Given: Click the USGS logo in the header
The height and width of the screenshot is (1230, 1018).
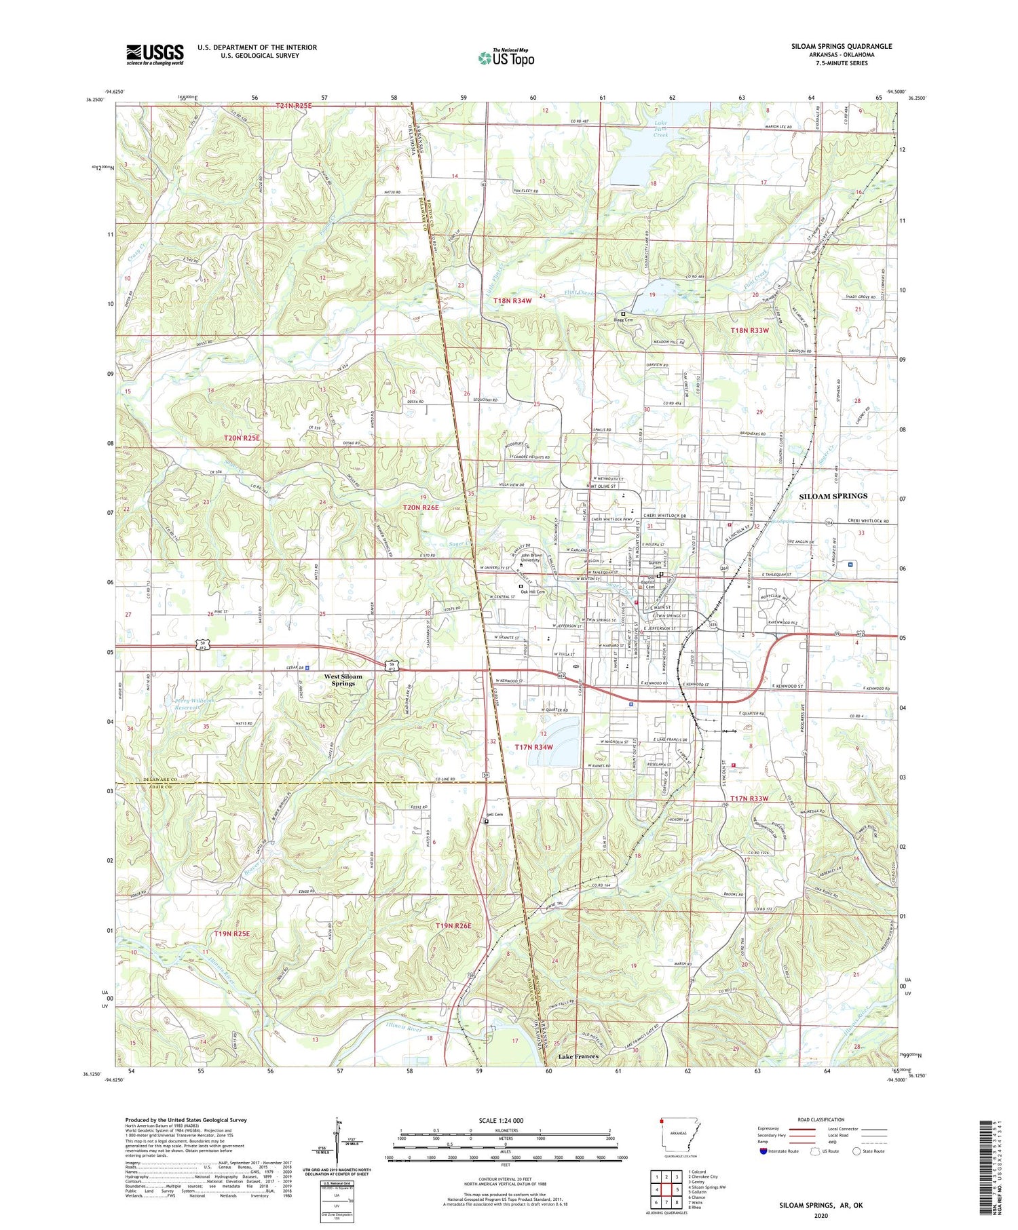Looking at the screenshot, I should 155,54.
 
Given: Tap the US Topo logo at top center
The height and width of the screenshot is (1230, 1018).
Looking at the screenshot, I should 506,58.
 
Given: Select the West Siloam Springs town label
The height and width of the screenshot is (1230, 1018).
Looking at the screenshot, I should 343,680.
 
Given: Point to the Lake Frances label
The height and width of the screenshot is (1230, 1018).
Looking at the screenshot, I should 578,1056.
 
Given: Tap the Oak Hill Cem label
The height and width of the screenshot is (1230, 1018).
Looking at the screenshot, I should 533,592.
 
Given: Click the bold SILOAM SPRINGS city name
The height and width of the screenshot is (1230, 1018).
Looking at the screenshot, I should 833,496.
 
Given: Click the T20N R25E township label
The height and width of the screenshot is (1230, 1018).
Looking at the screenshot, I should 242,438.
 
